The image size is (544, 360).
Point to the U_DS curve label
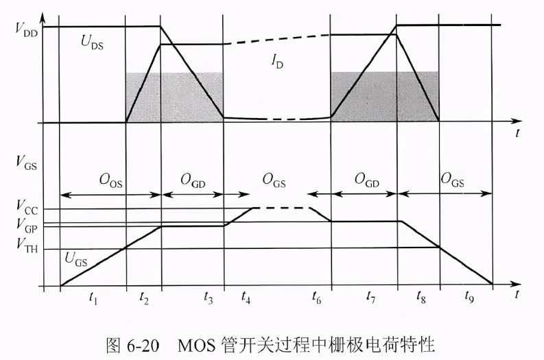point(92,43)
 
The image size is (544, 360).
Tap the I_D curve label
point(277,62)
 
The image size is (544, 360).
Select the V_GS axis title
point(26,163)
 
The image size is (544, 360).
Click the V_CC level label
point(27,208)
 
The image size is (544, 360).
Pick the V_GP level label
point(27,226)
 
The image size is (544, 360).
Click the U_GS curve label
point(76,259)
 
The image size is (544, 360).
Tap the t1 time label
point(93,298)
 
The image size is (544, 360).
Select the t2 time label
point(144,298)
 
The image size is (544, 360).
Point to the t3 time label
point(208,298)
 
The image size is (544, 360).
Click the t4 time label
point(246,298)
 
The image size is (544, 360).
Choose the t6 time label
point(316,298)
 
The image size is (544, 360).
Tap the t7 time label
point(370,298)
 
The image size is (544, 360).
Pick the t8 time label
point(421,298)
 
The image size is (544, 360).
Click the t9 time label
point(469,298)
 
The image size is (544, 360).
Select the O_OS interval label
point(110,181)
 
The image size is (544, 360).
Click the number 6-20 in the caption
point(143,345)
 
